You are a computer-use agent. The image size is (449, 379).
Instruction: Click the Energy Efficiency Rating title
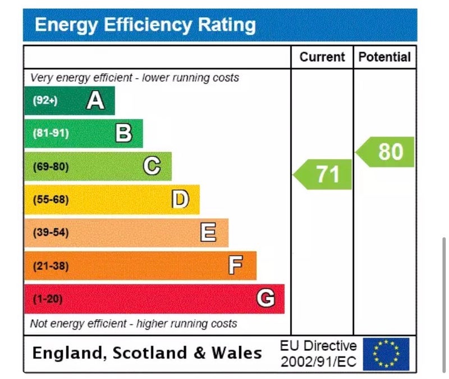click(145, 25)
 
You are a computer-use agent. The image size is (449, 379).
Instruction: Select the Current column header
click(322, 57)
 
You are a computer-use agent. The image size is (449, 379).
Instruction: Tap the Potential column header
click(384, 57)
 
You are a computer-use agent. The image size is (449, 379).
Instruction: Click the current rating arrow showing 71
click(324, 174)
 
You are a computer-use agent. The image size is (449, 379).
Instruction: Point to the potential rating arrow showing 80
click(386, 152)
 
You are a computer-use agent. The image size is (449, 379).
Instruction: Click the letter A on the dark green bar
click(95, 101)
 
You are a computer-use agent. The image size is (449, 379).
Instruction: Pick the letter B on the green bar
click(123, 133)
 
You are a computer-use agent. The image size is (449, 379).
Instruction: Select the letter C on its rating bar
click(152, 166)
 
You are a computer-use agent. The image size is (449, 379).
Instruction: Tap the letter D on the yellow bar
click(180, 199)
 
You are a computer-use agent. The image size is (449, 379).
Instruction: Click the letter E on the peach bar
click(208, 232)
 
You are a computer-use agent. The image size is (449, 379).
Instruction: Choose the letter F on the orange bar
click(236, 265)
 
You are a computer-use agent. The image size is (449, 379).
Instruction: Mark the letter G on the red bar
click(265, 299)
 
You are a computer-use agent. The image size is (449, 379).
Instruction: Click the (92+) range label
click(45, 101)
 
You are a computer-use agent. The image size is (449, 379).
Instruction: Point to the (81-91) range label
click(51, 134)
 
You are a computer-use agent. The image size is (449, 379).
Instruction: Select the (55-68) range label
click(51, 200)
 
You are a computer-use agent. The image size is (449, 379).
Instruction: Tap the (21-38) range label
click(51, 266)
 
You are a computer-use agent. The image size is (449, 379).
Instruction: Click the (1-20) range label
click(47, 299)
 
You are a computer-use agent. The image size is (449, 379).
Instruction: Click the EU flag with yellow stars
click(386, 354)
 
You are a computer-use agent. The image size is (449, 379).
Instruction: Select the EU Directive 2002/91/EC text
click(318, 354)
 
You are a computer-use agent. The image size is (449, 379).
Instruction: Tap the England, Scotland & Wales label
click(147, 353)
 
